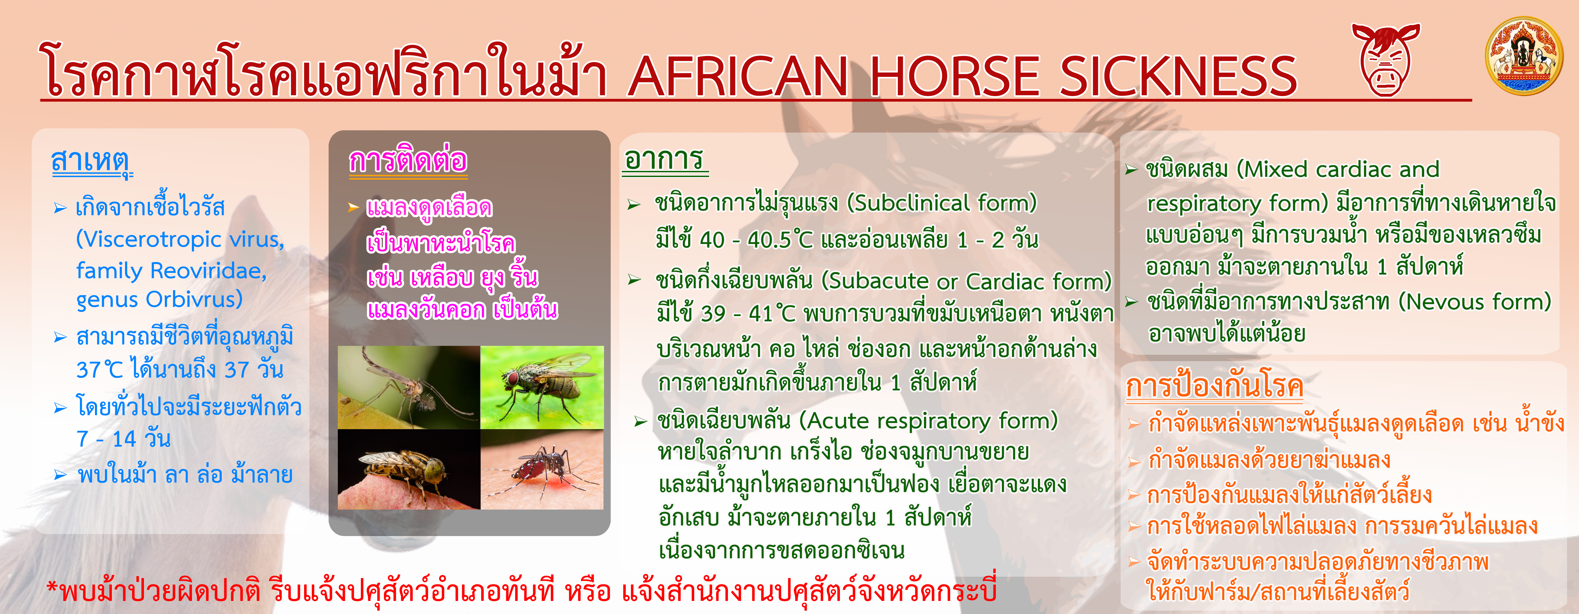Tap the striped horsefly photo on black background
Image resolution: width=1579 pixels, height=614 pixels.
click(x=409, y=469)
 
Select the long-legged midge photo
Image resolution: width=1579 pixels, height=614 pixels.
click(x=409, y=387)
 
